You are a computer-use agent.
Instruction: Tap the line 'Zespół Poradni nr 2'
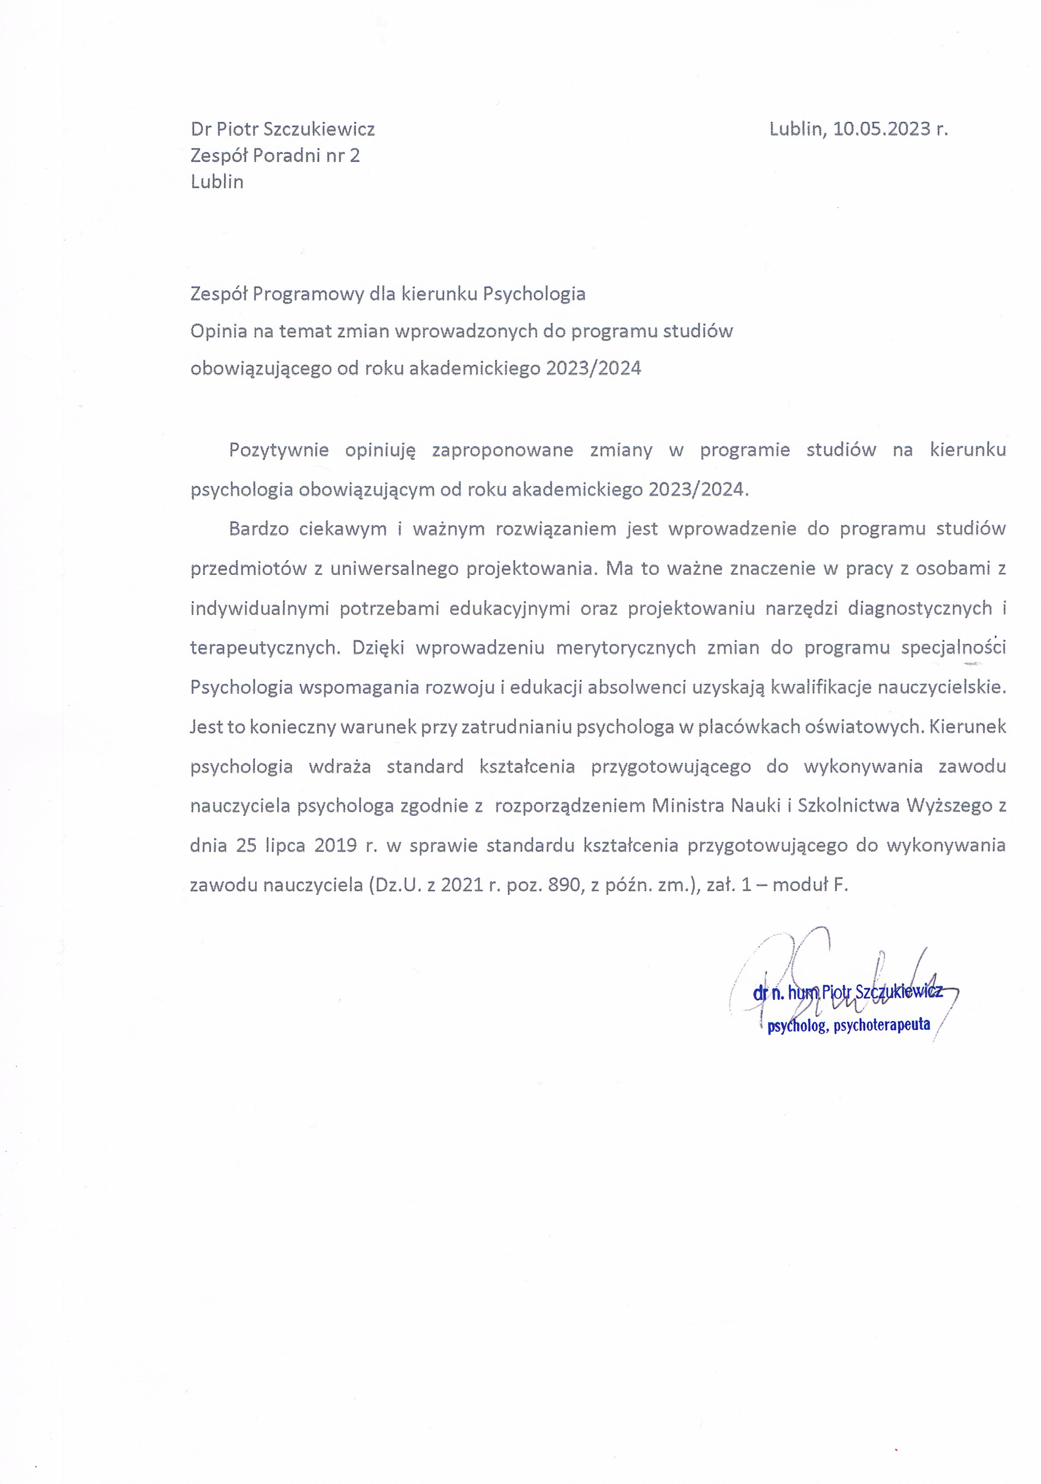click(275, 156)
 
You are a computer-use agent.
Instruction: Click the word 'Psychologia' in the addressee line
click(534, 294)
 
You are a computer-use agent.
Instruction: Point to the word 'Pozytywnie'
click(279, 450)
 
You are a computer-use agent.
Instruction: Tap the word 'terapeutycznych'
click(264, 648)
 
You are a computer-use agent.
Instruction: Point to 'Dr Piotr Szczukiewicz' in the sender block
click(283, 129)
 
